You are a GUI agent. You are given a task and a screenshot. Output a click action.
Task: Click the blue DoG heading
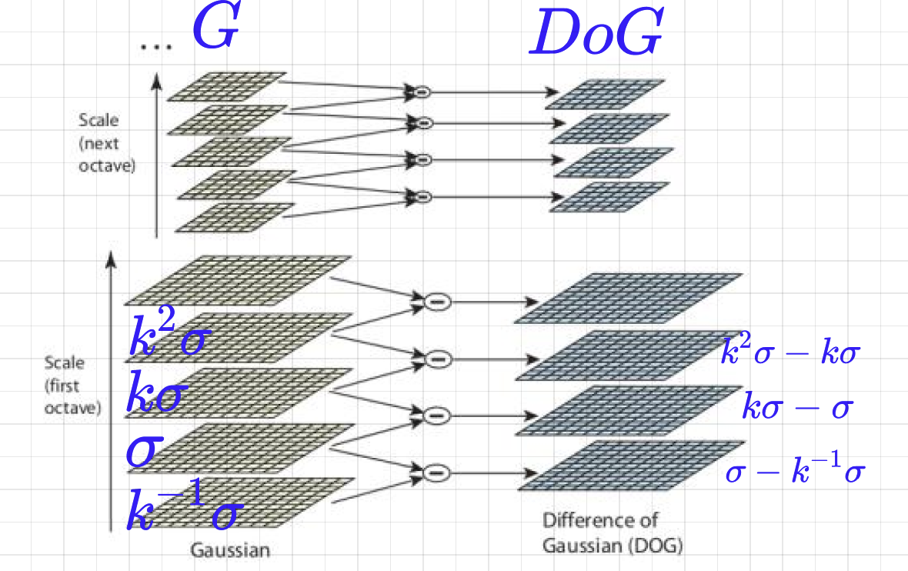[596, 34]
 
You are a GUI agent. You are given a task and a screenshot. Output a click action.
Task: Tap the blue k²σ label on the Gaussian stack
[167, 337]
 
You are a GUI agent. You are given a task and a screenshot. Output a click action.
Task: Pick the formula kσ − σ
[796, 407]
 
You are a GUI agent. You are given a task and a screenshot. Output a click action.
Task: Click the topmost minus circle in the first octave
[436, 302]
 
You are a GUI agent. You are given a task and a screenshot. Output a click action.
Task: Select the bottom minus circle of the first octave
[436, 471]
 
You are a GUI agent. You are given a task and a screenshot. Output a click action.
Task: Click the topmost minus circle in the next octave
[422, 92]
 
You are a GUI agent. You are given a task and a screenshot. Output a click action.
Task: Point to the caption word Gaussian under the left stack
[230, 550]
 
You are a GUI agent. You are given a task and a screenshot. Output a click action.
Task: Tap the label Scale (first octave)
[72, 385]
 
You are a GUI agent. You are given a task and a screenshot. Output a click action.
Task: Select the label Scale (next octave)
[106, 143]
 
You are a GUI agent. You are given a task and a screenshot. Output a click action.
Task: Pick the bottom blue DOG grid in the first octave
[631, 466]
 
